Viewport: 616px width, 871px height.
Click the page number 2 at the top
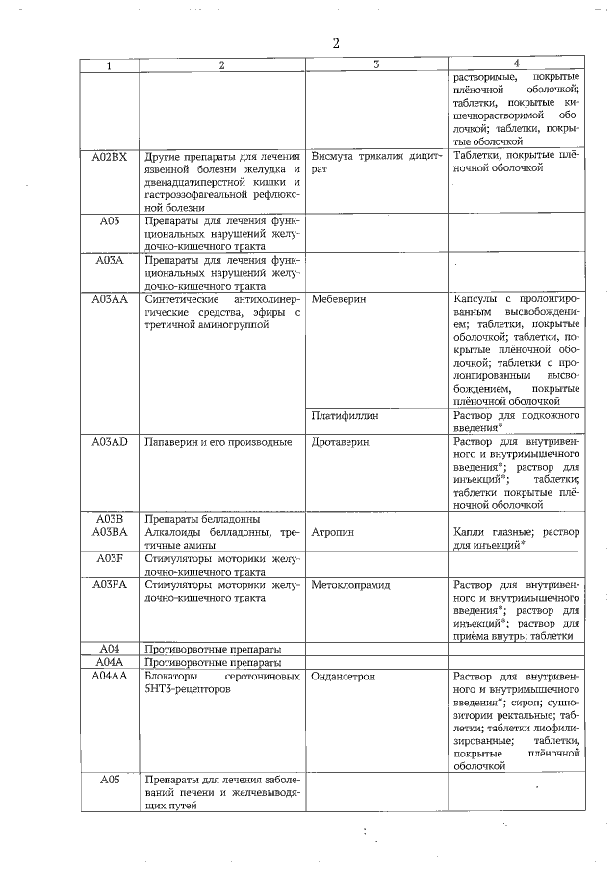336,43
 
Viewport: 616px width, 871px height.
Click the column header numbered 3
376,64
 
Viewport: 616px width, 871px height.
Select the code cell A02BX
110,156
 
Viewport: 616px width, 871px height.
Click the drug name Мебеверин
340,299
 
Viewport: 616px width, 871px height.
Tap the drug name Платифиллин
346,416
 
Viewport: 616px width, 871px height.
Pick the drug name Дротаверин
342,442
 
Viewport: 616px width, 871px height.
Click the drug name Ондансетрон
344,677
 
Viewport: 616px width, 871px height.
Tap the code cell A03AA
110,299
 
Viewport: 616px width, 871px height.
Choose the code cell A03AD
110,442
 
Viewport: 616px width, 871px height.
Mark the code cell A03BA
110,531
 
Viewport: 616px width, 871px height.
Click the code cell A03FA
110,583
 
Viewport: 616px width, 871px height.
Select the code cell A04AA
110,677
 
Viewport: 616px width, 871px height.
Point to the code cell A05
110,780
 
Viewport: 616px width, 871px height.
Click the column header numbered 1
110,64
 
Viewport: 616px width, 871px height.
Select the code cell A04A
110,662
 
